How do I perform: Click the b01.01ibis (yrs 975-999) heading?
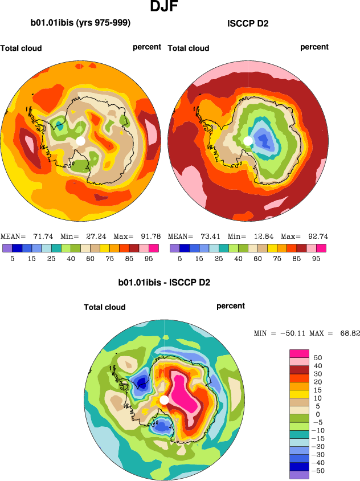80,23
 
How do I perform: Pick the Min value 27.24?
91,236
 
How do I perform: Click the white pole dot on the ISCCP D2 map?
248,140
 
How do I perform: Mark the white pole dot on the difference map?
164,400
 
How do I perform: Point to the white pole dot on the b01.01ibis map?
80,140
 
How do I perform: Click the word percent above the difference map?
231,306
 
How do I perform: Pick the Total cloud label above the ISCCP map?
189,48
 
